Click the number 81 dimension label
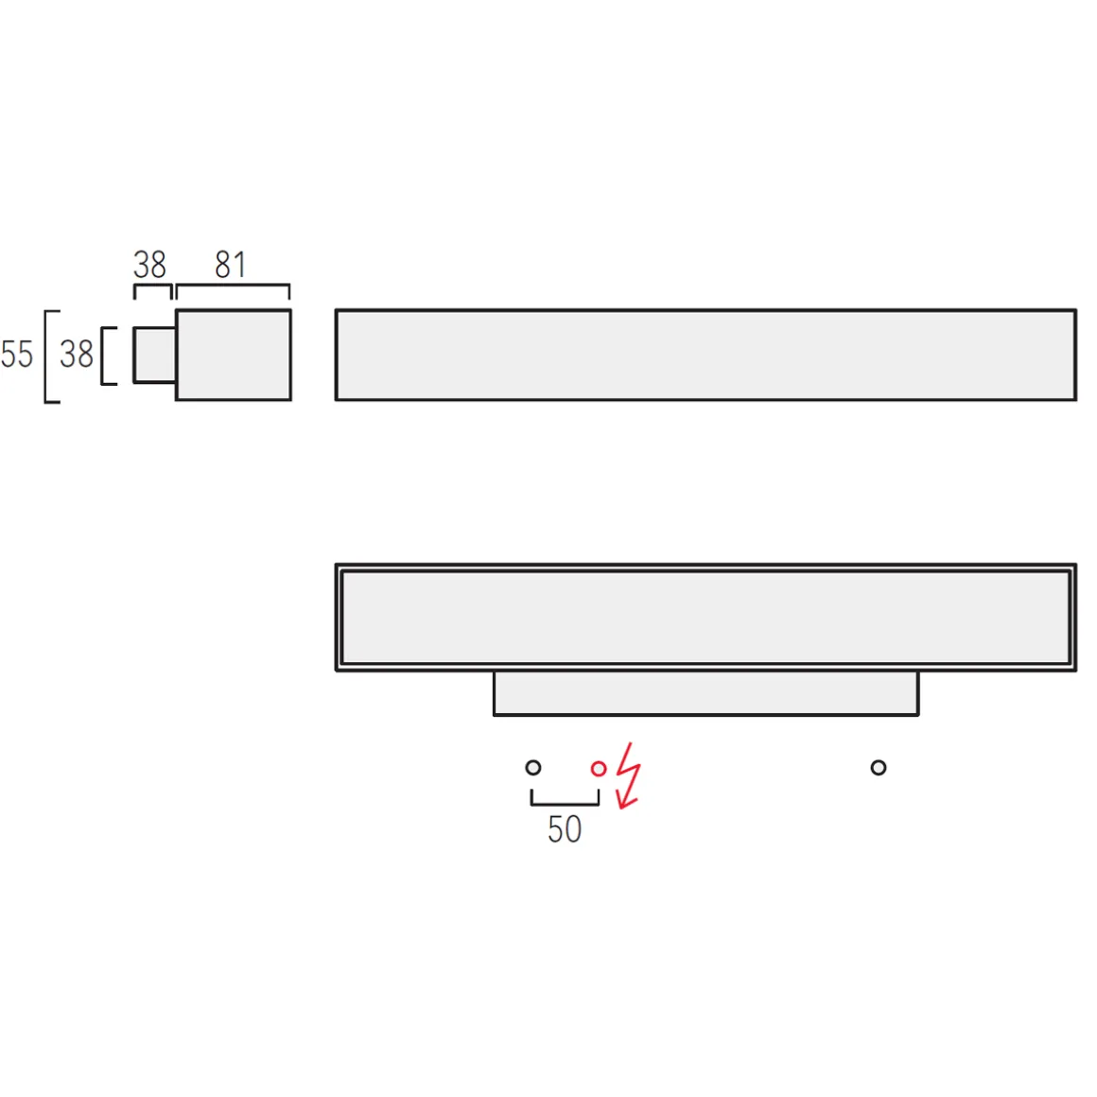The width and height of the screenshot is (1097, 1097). pyautogui.click(x=230, y=265)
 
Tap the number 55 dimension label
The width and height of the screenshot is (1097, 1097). pyautogui.click(x=17, y=354)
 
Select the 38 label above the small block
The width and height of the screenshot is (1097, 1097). pyautogui.click(x=149, y=265)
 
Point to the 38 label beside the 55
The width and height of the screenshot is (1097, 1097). pyautogui.click(x=77, y=354)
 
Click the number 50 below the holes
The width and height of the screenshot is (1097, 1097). pyautogui.click(x=565, y=829)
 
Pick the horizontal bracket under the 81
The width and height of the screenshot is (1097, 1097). pyautogui.click(x=233, y=285)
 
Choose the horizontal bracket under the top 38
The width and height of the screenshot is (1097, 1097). pyautogui.click(x=152, y=285)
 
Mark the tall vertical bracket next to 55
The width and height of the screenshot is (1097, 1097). pyautogui.click(x=46, y=357)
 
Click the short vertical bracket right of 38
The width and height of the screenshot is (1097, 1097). pyautogui.click(x=103, y=357)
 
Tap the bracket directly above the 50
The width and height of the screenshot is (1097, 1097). pyautogui.click(x=565, y=804)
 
